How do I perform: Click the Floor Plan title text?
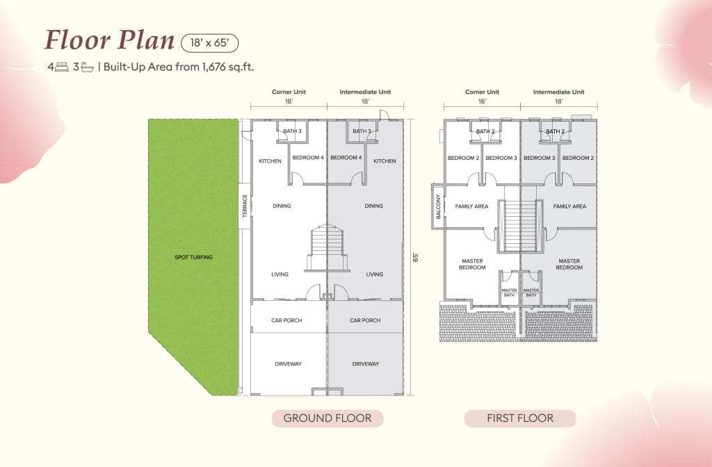click(109, 40)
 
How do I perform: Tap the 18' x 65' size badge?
click(209, 42)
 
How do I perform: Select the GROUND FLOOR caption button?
click(327, 418)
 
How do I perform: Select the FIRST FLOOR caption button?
click(520, 418)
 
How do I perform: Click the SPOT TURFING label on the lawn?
click(193, 257)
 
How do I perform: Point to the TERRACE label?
click(245, 206)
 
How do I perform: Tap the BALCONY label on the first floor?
click(438, 206)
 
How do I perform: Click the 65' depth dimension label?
click(415, 256)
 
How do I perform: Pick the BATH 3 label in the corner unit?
click(291, 131)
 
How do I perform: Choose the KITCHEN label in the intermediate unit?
click(385, 161)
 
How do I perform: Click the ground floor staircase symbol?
click(326, 248)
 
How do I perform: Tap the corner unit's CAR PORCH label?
click(286, 320)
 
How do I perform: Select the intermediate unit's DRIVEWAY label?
click(366, 363)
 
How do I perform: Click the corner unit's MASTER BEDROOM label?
click(472, 264)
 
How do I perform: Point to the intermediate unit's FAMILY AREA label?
click(569, 206)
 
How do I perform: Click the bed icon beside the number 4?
click(62, 67)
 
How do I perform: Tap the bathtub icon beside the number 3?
click(87, 67)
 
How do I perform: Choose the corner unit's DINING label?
click(282, 206)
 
